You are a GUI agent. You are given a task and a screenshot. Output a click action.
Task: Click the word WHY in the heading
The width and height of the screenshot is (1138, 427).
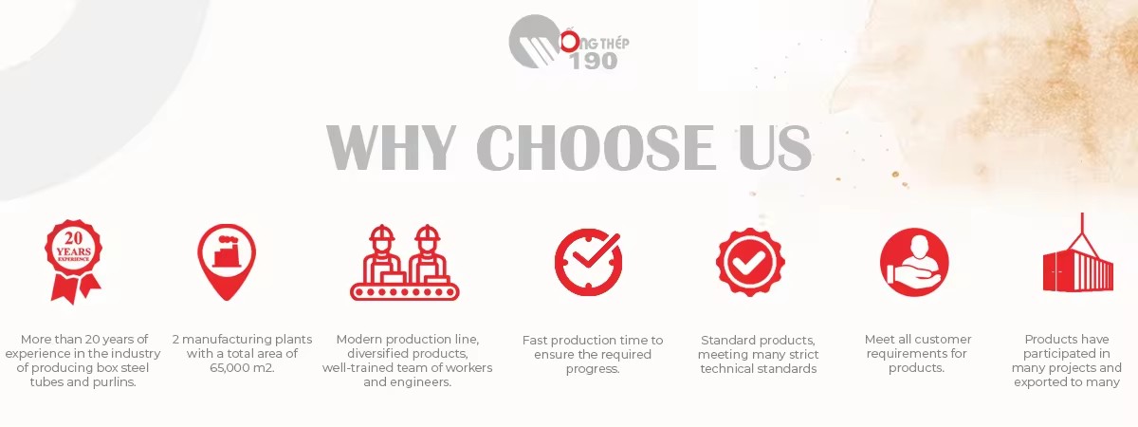(390, 147)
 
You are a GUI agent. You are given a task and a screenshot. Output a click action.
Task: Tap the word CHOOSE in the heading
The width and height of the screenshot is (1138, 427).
(596, 147)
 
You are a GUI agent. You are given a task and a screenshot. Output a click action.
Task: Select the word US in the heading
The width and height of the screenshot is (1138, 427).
(774, 147)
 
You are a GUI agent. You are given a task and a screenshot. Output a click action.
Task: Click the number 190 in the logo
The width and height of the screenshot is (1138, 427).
(594, 61)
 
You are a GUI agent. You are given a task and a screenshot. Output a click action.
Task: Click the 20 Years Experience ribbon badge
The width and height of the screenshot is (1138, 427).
(74, 262)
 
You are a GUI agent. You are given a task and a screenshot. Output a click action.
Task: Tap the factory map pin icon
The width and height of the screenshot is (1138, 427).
(227, 262)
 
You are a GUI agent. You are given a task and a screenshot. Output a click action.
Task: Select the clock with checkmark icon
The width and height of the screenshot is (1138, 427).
(588, 262)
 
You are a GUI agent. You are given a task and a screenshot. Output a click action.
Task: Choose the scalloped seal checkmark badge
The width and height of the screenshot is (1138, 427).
(750, 262)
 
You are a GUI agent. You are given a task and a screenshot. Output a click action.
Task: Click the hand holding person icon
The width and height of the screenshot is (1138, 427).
(914, 262)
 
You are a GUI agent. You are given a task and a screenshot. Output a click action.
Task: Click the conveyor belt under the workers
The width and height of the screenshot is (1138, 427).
(404, 292)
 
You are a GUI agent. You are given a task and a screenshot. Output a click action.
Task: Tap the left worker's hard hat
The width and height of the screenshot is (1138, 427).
(382, 233)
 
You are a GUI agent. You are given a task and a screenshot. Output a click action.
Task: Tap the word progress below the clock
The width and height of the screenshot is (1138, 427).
(593, 369)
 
